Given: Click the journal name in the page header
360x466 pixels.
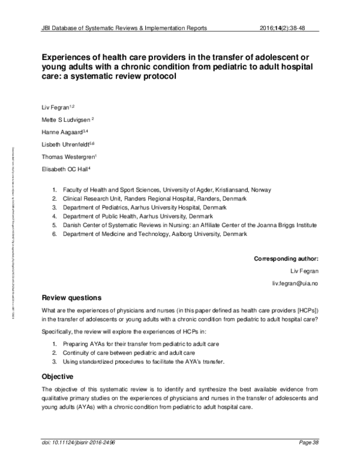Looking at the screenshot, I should coord(124,28).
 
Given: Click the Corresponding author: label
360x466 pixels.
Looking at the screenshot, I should coord(286,259).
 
